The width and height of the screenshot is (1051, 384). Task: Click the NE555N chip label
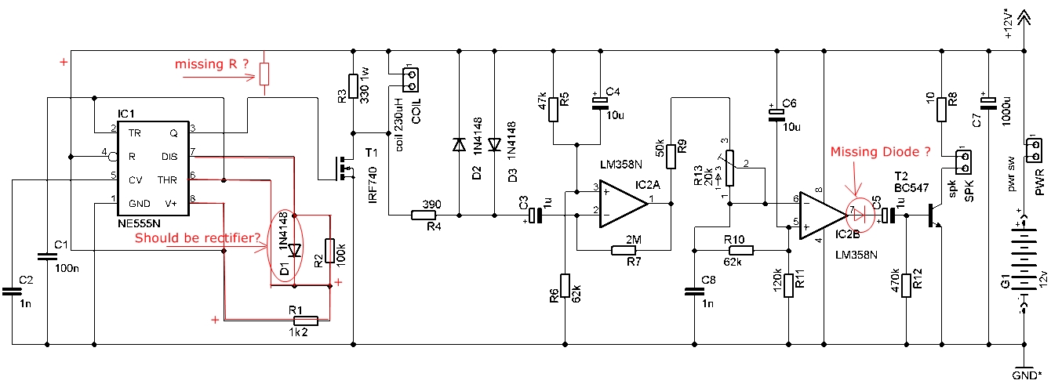coord(139,223)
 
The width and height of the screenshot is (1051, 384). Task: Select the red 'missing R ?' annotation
coord(212,64)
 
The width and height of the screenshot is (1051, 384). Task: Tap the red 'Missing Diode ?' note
coord(880,152)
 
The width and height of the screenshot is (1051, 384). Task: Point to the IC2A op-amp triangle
coord(623,204)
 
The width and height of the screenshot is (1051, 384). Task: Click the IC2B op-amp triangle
coord(823,216)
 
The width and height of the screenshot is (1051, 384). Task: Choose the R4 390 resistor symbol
coord(424,216)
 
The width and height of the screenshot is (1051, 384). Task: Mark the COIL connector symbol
coord(410,80)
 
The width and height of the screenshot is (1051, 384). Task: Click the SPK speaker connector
coord(963,162)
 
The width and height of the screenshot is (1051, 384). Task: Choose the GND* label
coord(1027,375)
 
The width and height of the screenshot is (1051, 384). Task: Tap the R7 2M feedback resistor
coord(624,250)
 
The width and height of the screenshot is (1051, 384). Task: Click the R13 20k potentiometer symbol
coord(729,168)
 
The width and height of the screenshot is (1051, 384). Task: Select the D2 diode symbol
coord(459,145)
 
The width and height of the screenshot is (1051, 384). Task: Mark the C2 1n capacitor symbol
coord(12,292)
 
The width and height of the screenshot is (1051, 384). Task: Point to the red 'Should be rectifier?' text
coord(198,238)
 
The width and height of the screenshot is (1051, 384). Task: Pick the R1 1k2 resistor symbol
coord(305,321)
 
